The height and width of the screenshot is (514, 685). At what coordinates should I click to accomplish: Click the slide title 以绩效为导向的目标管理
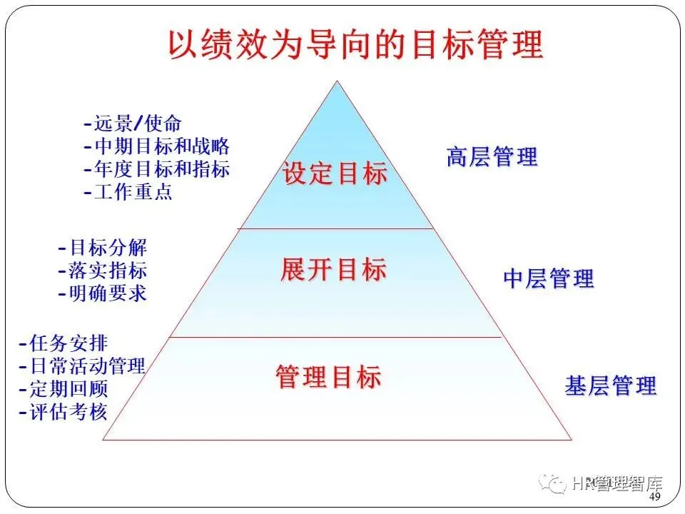click(355, 44)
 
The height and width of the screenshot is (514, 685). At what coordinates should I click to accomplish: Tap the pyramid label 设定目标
click(335, 173)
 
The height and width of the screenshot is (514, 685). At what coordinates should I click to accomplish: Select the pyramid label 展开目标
click(333, 270)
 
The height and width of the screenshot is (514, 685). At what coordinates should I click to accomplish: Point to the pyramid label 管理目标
click(329, 376)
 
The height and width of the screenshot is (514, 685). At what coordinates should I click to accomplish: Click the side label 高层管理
click(492, 157)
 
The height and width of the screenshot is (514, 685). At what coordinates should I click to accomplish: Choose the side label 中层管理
click(548, 278)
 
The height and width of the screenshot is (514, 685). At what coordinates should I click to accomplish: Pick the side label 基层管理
click(610, 386)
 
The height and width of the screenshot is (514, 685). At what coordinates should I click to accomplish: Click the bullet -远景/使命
click(133, 124)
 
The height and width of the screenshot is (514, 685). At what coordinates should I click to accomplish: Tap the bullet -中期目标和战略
click(156, 146)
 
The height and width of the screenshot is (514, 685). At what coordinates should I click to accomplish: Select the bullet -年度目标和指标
click(156, 169)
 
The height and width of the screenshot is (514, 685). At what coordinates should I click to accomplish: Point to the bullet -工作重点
click(128, 192)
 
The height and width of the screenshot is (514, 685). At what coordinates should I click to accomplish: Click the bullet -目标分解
click(102, 248)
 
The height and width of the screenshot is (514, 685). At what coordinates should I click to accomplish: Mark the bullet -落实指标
click(102, 271)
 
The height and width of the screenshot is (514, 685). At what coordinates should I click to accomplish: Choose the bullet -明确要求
click(102, 293)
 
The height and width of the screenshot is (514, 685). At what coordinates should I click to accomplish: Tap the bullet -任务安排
click(64, 343)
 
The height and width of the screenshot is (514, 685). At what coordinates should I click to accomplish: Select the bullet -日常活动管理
click(82, 366)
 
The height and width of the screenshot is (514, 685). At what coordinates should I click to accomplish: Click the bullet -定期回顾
click(64, 389)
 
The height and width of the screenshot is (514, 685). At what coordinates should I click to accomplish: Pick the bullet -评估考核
click(64, 412)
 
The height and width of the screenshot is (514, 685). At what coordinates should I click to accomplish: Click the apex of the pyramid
click(337, 81)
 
